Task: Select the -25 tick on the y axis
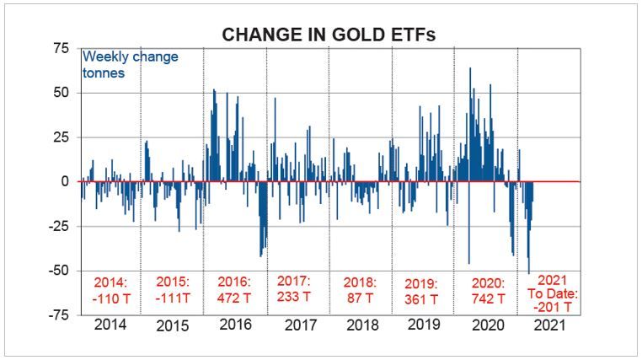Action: [56, 226]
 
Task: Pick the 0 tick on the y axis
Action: [63, 181]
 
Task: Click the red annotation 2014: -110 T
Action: [110, 289]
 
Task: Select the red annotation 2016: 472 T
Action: [235, 289]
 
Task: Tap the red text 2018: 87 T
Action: [361, 289]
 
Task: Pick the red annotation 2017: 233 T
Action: [295, 288]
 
